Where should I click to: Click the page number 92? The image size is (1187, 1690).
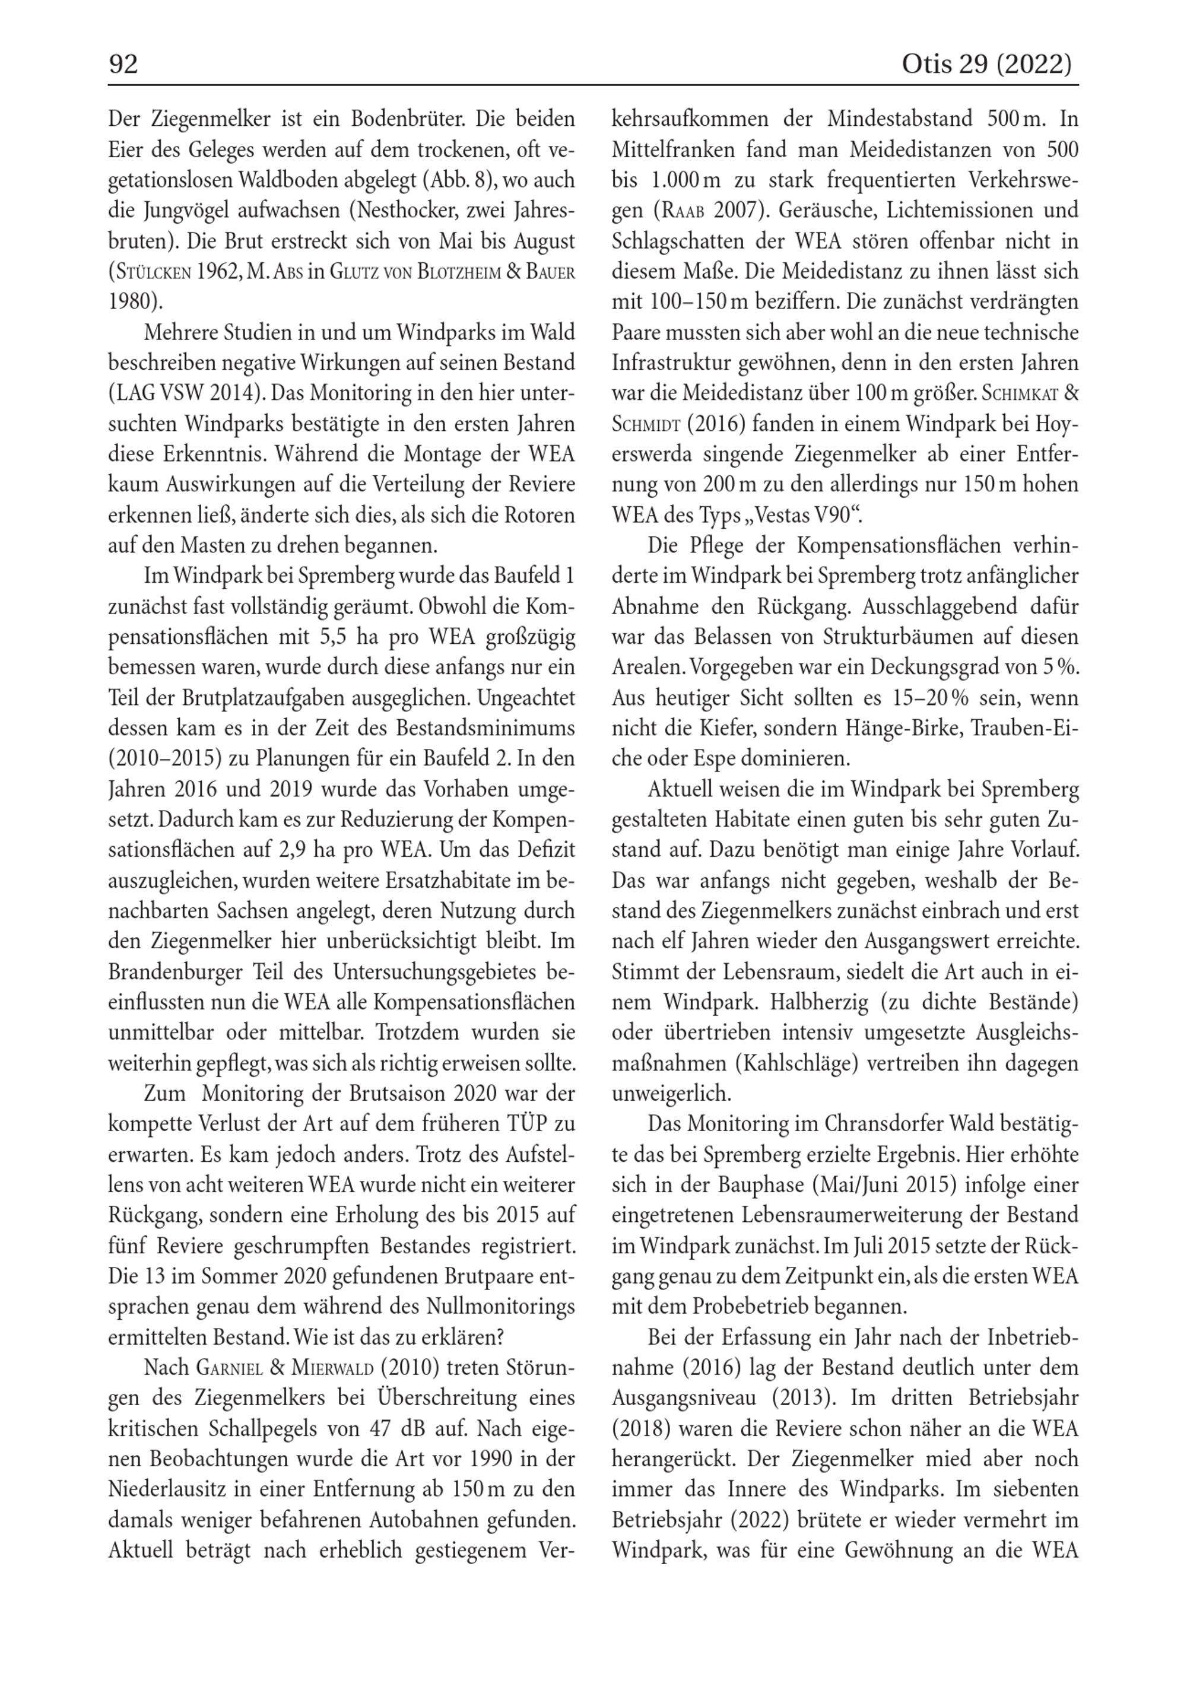pyautogui.click(x=123, y=65)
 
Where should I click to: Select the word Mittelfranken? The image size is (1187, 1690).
pyautogui.click(x=673, y=150)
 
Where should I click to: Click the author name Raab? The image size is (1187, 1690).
pyautogui.click(x=680, y=211)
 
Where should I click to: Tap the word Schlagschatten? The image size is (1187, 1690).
pyautogui.click(x=678, y=241)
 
